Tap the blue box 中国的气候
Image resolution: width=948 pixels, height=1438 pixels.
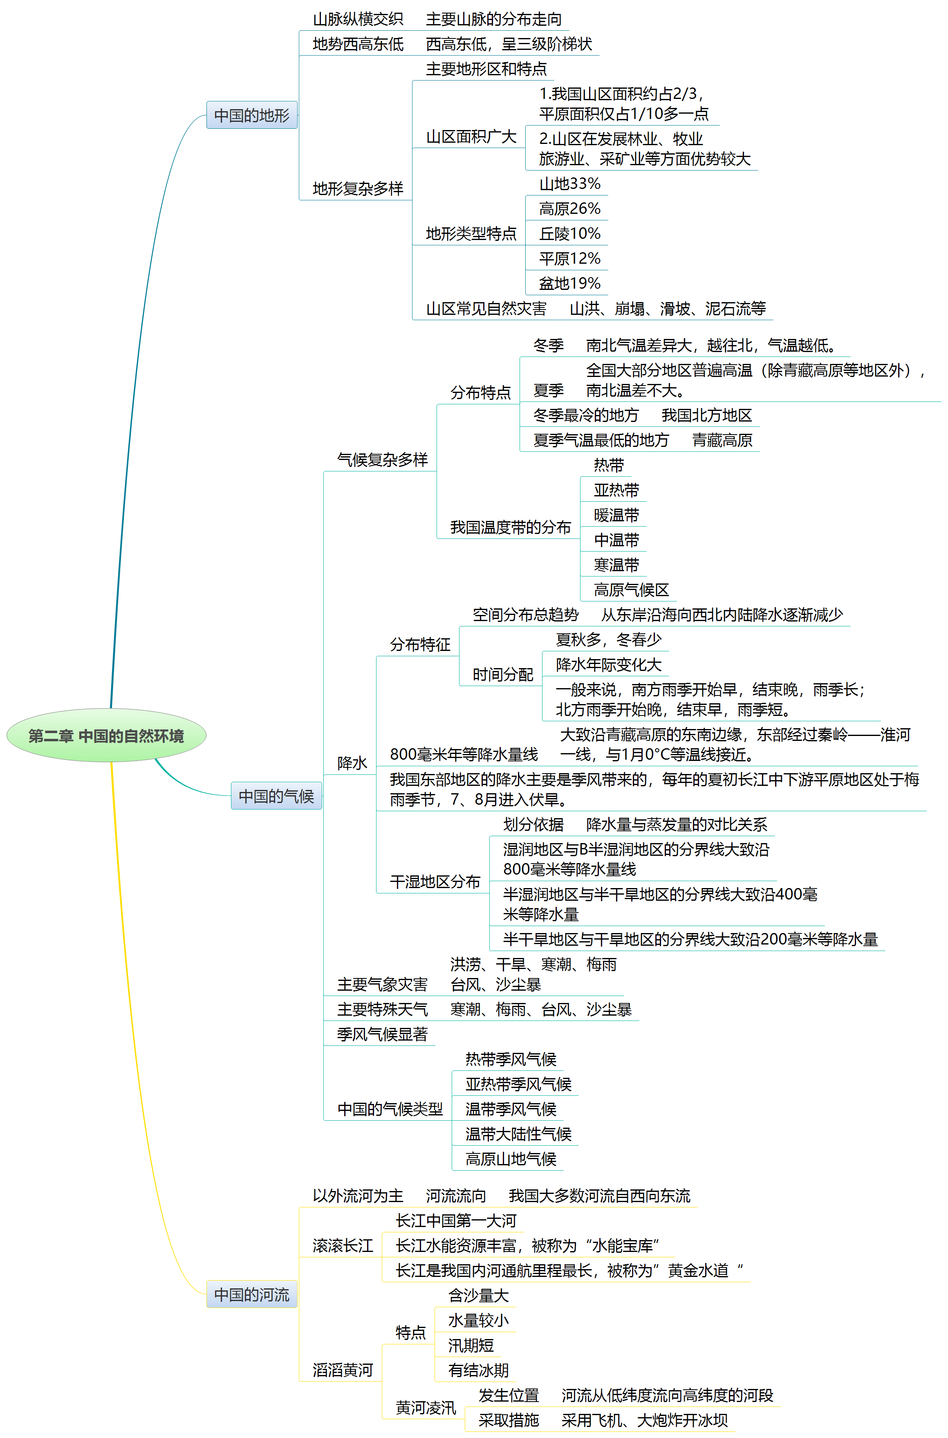(276, 796)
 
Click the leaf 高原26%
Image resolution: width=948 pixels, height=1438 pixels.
(569, 209)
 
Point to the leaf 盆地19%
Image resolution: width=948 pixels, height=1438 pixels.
(569, 283)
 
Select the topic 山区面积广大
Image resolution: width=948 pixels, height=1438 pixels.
(471, 137)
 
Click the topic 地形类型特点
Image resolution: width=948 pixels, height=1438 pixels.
(471, 233)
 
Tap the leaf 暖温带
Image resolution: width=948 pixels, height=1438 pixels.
(616, 515)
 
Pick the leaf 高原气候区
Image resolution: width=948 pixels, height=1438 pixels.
(631, 590)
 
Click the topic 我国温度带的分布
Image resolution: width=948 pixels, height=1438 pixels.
(510, 527)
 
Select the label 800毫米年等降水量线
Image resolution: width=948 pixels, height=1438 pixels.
(464, 754)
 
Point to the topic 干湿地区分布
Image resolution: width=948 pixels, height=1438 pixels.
(435, 882)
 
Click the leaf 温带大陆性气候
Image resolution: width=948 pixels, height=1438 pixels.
(518, 1134)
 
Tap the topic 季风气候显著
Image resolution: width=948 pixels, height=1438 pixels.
(382, 1034)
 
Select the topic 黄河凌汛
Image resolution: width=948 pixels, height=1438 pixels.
(426, 1408)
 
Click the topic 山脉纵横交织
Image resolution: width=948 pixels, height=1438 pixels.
(358, 19)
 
